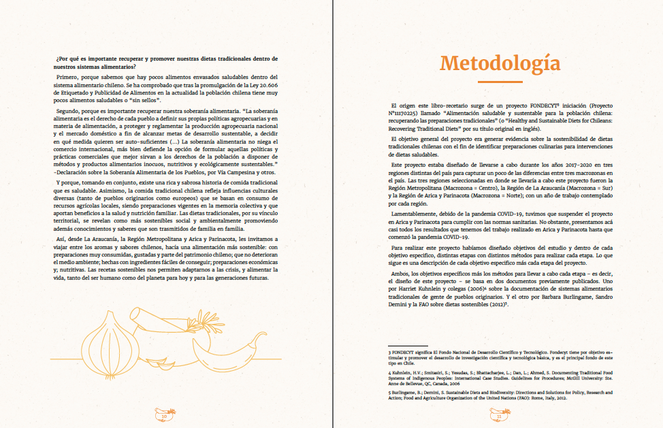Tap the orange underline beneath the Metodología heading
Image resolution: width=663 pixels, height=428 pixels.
click(500, 82)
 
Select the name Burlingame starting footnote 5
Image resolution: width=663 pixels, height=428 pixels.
click(403, 393)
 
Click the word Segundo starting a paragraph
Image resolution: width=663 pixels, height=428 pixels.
click(70, 110)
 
